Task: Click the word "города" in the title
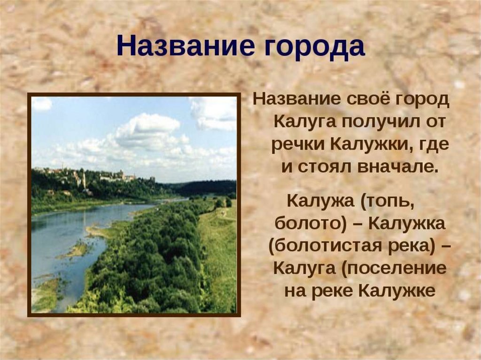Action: click(314, 46)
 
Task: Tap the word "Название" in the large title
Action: click(186, 46)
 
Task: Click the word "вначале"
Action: click(396, 167)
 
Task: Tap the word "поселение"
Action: click(394, 268)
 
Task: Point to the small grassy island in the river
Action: click(77, 249)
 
